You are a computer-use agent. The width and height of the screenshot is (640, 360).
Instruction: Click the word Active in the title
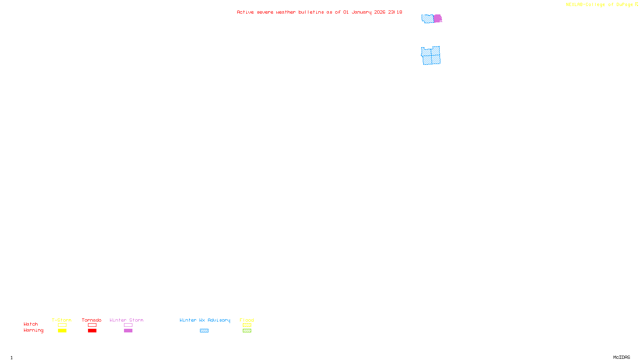tap(245, 12)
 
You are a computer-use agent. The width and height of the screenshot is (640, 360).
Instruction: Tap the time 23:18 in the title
tap(395, 12)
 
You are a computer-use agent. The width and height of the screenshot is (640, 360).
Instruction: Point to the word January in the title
tap(362, 12)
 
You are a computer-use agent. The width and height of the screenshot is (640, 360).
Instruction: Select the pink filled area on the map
tap(438, 18)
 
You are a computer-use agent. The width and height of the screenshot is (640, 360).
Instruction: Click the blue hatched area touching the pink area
tap(427, 18)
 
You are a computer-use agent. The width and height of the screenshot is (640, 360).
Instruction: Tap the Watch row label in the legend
tap(30, 324)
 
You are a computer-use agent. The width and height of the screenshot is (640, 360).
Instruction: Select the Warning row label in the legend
tap(33, 330)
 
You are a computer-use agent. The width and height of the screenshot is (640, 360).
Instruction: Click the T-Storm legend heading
tap(62, 320)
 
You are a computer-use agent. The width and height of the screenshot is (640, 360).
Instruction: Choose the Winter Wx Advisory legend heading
tap(205, 320)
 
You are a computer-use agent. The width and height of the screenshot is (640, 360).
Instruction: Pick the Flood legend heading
tap(247, 320)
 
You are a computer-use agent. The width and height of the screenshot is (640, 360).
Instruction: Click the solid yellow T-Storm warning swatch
tap(62, 331)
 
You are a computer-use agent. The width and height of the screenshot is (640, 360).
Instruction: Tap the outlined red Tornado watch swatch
tap(92, 325)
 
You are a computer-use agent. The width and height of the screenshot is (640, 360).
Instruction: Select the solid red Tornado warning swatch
tap(92, 331)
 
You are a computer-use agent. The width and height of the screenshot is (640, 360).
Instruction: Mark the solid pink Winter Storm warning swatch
tap(128, 331)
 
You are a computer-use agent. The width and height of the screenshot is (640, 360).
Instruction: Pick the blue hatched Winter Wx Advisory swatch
tap(204, 331)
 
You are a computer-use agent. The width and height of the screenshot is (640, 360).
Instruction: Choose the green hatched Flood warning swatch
tap(247, 331)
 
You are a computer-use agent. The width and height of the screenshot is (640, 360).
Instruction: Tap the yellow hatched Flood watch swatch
tap(247, 325)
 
